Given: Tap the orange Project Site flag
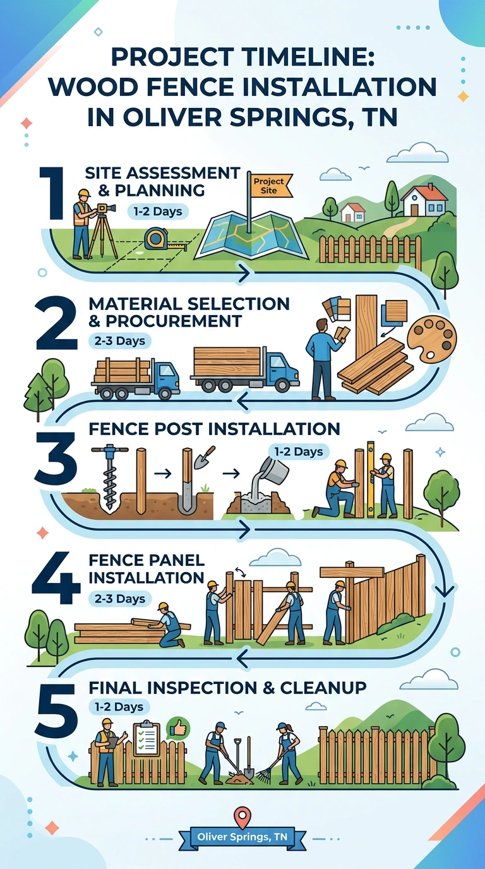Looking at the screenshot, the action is pyautogui.click(x=269, y=186).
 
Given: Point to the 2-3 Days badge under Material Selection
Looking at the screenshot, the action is pyautogui.click(x=119, y=341).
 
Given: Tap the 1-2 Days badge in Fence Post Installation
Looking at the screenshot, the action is pyautogui.click(x=298, y=452).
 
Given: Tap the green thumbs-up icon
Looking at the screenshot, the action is pyautogui.click(x=178, y=729).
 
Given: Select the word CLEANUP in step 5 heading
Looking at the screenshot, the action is pyautogui.click(x=323, y=688).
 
